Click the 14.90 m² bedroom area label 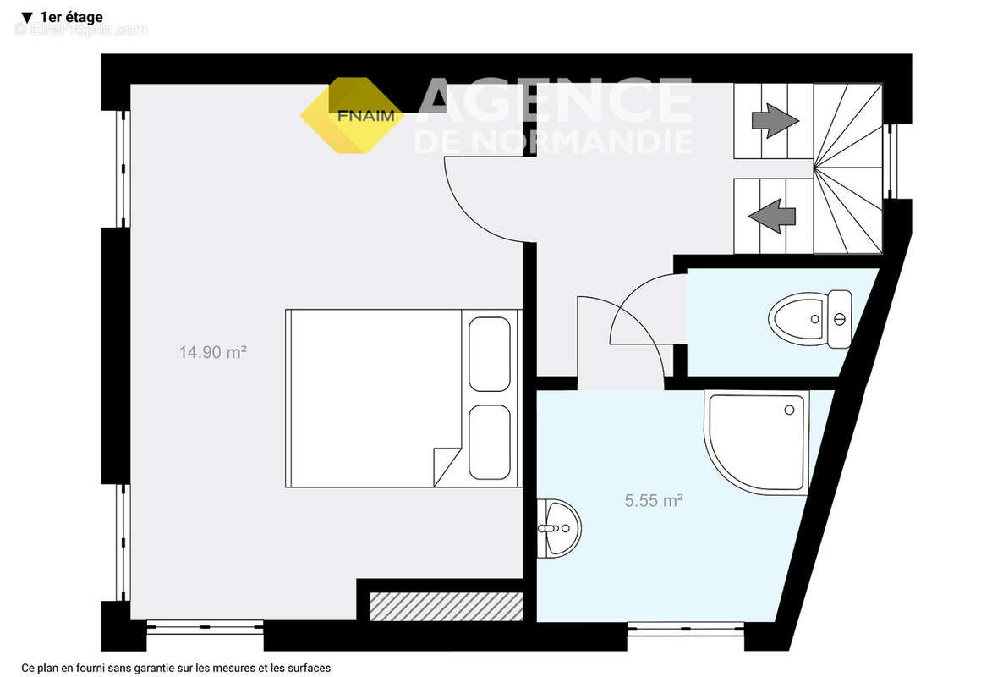(x=212, y=352)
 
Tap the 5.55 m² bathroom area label (x=654, y=501)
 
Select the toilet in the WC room (x=810, y=319)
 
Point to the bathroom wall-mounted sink (x=559, y=528)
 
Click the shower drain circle (x=789, y=410)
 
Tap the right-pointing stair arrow (x=775, y=120)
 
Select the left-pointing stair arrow (x=772, y=217)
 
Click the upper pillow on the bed (x=490, y=354)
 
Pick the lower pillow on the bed (x=490, y=442)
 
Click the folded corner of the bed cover (x=446, y=467)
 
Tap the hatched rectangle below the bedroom (x=447, y=607)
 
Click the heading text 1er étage (x=71, y=17)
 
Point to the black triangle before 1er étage (x=26, y=18)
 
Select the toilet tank (x=840, y=319)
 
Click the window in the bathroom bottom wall (x=686, y=628)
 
